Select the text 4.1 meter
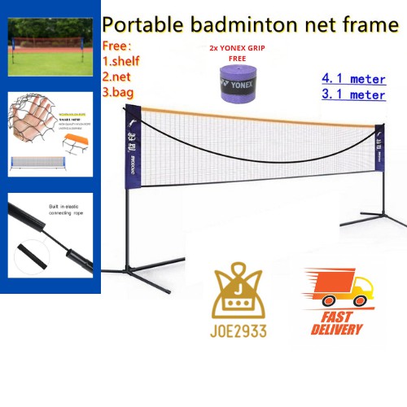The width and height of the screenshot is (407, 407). [353, 80]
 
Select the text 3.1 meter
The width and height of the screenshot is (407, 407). [353, 96]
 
